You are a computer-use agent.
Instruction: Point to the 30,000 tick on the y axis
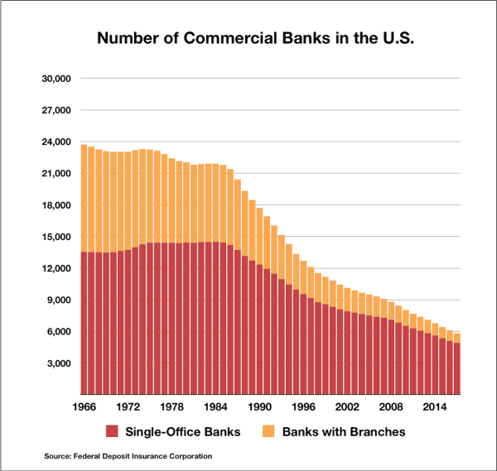[x=57, y=79]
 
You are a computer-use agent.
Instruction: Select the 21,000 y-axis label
[x=57, y=174]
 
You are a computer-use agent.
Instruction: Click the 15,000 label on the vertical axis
[x=57, y=237]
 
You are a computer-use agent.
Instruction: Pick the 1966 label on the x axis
[x=84, y=407]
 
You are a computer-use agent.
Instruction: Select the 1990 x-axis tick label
[x=260, y=407]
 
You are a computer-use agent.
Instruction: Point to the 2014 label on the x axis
[x=436, y=407]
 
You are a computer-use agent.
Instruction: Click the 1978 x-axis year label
[x=172, y=407]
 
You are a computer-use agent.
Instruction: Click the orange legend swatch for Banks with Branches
[x=270, y=431]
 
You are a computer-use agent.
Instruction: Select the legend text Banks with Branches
[x=343, y=431]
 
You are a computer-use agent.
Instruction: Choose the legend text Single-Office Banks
[x=184, y=431]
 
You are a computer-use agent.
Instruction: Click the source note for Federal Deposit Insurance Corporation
[x=128, y=456]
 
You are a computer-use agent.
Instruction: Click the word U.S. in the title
[x=377, y=38]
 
